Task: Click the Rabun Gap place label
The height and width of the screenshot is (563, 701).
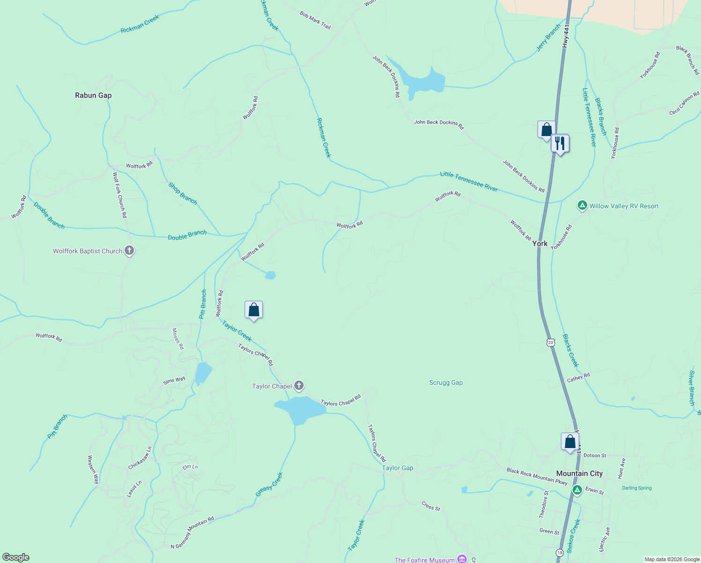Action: [x=93, y=95]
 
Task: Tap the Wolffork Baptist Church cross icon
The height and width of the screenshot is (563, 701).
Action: [x=129, y=251]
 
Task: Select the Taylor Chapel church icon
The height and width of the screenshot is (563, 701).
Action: [x=299, y=386]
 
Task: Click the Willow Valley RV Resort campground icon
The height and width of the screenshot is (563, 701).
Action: [x=582, y=205]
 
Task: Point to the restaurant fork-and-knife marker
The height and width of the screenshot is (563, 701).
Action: [x=560, y=143]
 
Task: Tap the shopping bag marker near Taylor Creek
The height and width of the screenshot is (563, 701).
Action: [x=254, y=310]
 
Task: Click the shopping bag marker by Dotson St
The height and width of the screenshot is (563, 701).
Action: [x=570, y=442]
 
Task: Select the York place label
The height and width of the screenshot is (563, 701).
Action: [x=540, y=243]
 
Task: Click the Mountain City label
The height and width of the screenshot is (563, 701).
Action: [x=579, y=473]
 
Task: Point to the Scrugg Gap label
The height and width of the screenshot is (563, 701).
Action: [x=446, y=383]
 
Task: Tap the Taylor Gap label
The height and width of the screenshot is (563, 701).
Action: [x=397, y=468]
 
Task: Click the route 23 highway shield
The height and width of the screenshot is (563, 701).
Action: [x=551, y=342]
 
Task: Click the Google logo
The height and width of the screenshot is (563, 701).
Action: [x=16, y=557]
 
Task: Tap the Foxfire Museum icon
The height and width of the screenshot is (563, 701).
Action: [x=462, y=559]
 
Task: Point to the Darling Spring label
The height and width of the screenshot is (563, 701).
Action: [x=637, y=488]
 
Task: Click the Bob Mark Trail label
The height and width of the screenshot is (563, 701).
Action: [x=315, y=20]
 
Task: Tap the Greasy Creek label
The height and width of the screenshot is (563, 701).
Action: [x=269, y=485]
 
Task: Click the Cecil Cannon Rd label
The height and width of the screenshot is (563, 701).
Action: [x=684, y=104]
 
